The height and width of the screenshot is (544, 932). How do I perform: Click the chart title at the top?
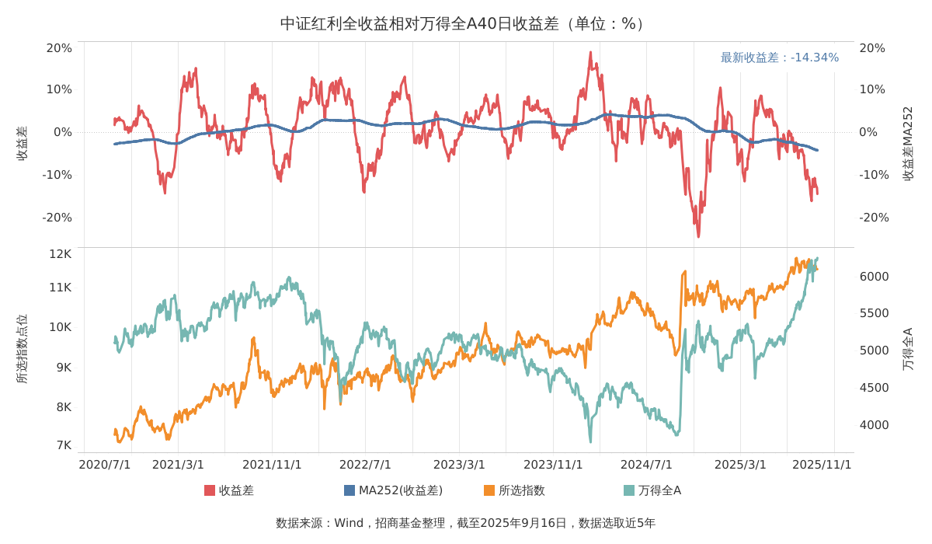[x=465, y=23]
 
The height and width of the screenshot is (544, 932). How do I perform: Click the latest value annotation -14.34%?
[x=779, y=58]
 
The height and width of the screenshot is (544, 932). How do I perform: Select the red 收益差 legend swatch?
[x=210, y=490]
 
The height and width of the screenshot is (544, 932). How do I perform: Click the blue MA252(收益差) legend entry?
[x=393, y=490]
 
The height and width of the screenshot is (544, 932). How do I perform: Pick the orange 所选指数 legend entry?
[x=514, y=490]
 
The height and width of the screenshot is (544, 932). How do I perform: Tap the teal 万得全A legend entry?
[x=652, y=490]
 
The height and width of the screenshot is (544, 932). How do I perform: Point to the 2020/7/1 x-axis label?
[x=105, y=465]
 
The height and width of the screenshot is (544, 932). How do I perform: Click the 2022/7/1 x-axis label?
[x=365, y=465]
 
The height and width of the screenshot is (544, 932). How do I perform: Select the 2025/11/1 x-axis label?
[x=822, y=465]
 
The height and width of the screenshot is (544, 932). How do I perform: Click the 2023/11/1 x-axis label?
[x=553, y=465]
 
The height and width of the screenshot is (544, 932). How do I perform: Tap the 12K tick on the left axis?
[x=60, y=253]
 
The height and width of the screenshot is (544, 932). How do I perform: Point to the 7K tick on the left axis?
[x=63, y=445]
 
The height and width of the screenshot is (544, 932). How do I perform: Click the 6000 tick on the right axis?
[x=874, y=277]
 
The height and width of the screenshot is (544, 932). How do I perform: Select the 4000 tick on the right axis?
[x=874, y=425]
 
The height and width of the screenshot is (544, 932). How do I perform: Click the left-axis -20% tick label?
[x=57, y=218]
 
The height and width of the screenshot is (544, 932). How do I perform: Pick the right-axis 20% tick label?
[x=872, y=48]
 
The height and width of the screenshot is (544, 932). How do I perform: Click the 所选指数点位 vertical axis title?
[x=22, y=349]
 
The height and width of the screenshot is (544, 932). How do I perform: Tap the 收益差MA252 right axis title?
[x=908, y=144]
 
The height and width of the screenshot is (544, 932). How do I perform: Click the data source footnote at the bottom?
[x=465, y=523]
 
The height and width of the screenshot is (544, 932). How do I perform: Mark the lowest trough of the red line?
[x=698, y=235]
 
